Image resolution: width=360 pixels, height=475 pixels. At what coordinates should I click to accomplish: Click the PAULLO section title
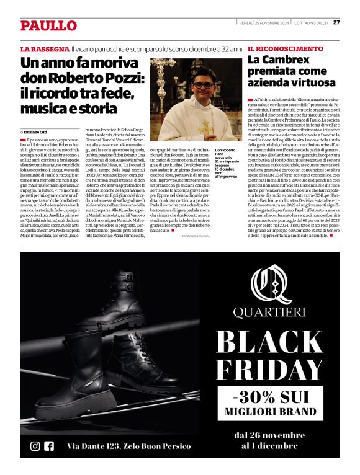[x=48, y=25]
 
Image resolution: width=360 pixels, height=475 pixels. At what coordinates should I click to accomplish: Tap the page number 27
[x=336, y=23]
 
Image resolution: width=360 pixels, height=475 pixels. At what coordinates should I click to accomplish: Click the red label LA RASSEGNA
[x=45, y=48]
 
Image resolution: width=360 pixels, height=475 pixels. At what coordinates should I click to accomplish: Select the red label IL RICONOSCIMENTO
[x=285, y=48]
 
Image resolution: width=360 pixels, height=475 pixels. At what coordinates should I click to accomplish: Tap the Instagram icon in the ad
[x=35, y=446]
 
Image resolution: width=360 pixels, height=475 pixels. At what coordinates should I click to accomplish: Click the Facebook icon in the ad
[x=49, y=446]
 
